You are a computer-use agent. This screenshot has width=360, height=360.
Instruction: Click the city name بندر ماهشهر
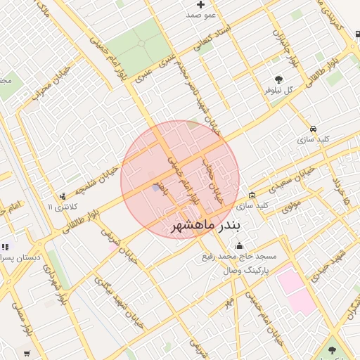click(206, 225)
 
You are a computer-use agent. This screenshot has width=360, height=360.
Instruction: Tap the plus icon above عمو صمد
click(200, 5)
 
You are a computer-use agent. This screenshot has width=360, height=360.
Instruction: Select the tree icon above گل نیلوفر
click(279, 79)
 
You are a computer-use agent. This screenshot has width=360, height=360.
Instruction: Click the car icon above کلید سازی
click(313, 129)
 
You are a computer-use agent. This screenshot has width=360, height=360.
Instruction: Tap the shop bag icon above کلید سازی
click(252, 195)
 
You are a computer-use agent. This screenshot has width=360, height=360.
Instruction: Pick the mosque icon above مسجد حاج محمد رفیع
click(240, 245)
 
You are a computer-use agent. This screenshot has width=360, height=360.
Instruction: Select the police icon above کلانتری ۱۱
click(63, 196)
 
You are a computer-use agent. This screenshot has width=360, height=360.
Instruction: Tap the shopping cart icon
click(27, 353)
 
